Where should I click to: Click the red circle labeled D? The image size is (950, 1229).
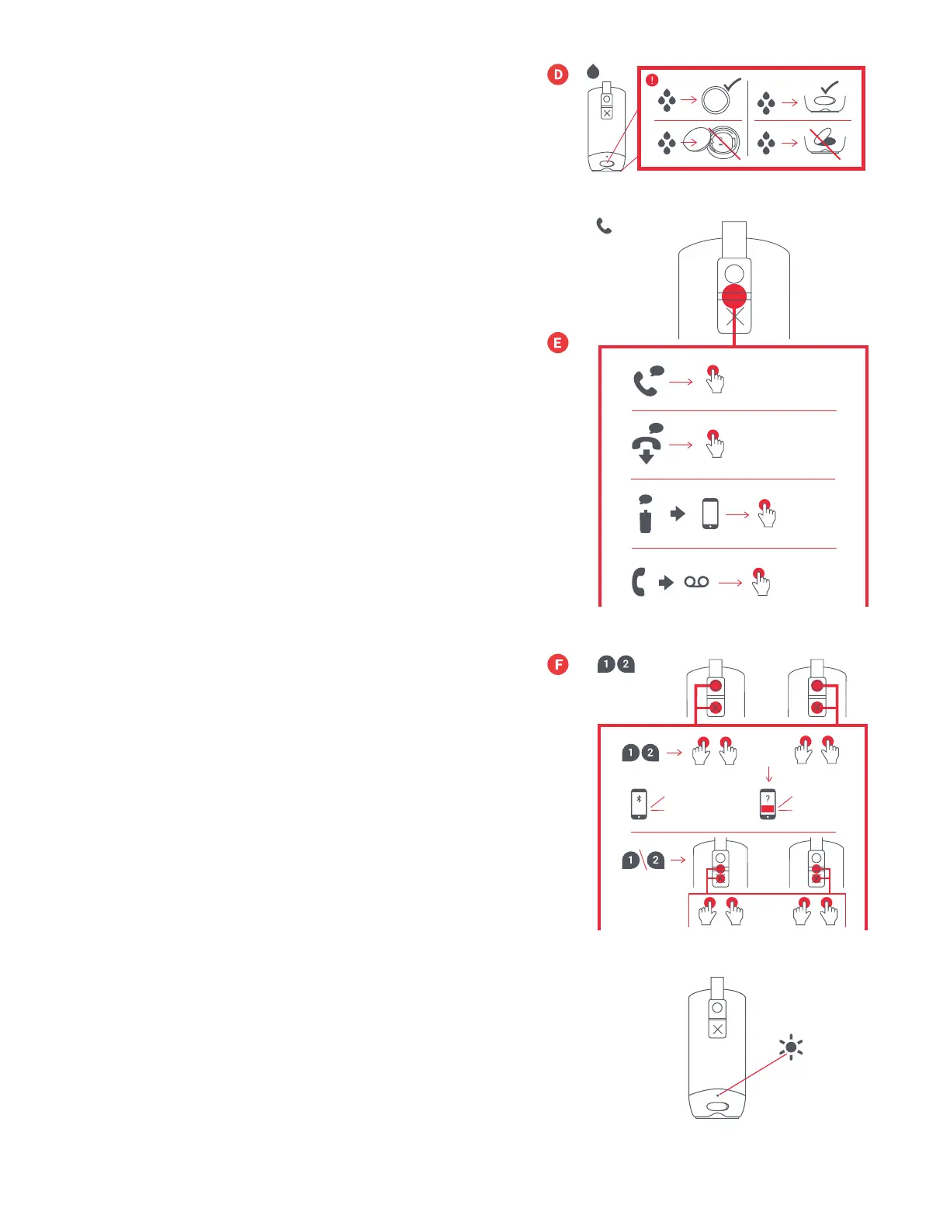(558, 74)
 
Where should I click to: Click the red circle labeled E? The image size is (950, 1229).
(558, 342)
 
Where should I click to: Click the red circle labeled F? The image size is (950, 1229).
(558, 664)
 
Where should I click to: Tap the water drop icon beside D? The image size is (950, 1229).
(594, 72)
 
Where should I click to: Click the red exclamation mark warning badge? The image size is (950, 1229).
(652, 80)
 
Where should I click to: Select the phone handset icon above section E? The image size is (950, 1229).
(604, 226)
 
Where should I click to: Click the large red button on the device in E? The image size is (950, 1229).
(734, 296)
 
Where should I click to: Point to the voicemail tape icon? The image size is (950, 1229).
(696, 582)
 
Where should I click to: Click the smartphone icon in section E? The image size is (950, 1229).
(710, 514)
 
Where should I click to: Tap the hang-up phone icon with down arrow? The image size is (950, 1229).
(647, 445)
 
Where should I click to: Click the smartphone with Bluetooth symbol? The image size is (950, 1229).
(639, 804)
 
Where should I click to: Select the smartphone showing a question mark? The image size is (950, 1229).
(768, 804)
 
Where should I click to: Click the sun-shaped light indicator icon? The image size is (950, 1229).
(791, 1047)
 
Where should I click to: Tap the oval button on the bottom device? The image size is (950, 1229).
(718, 1106)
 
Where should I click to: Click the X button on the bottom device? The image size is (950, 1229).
(717, 1030)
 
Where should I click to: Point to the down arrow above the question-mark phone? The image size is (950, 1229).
(769, 774)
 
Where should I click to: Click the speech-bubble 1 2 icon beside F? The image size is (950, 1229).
(616, 664)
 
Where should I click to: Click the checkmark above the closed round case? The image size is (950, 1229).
(733, 84)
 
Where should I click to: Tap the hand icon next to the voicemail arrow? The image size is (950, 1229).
(761, 583)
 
